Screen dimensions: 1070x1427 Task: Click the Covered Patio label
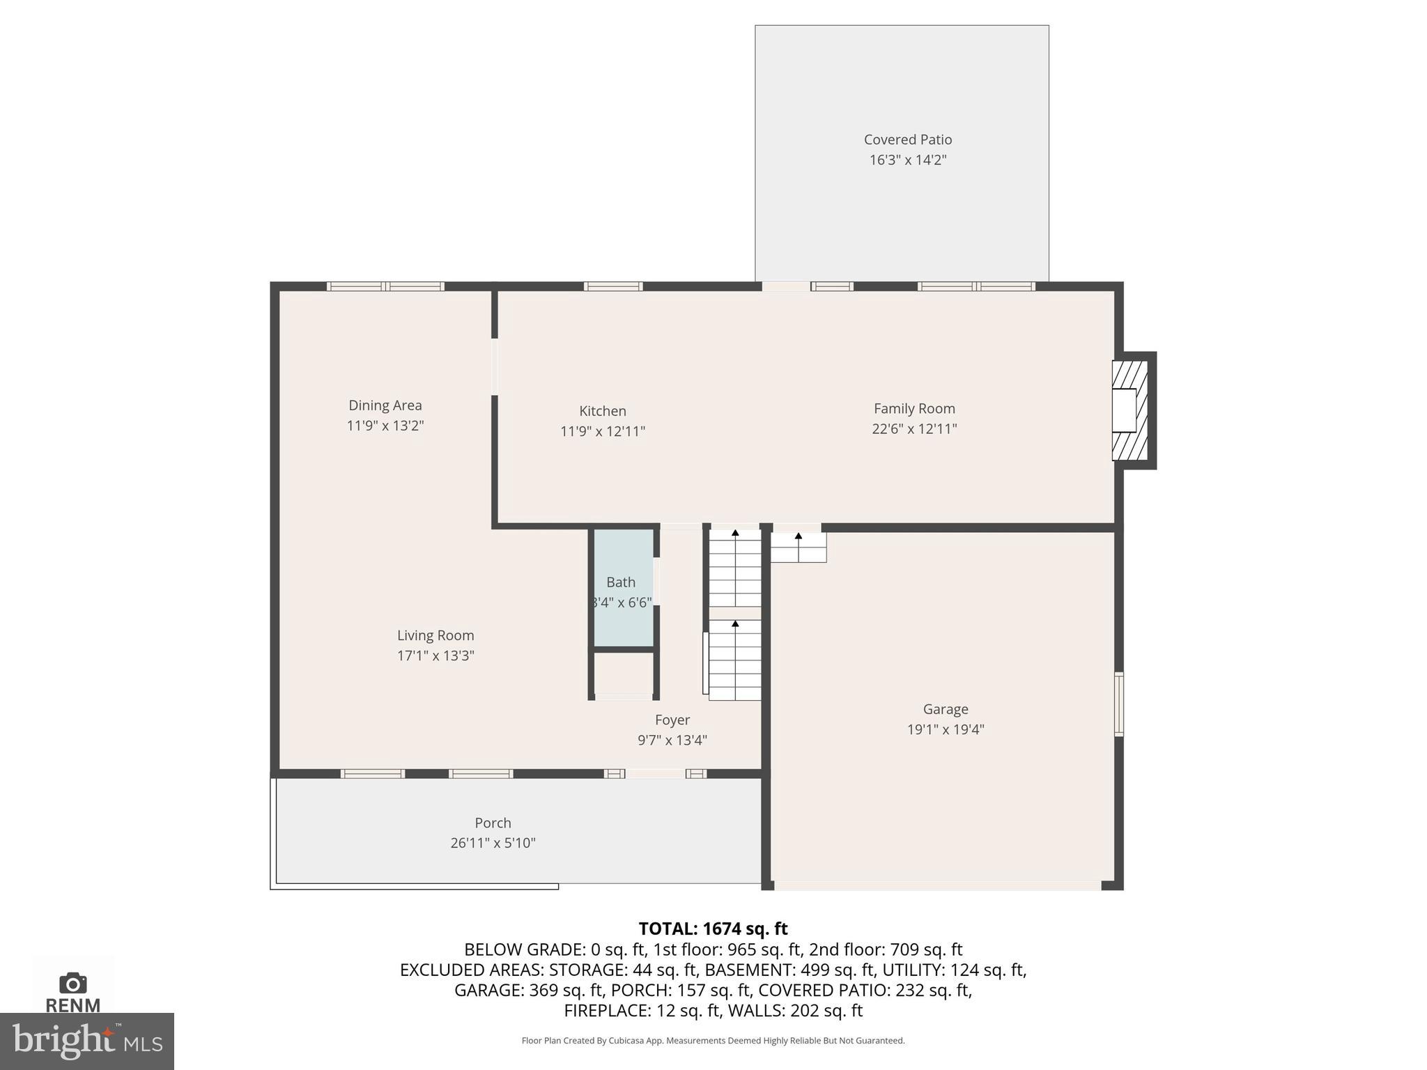pyautogui.click(x=907, y=140)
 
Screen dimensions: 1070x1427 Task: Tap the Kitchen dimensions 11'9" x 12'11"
pyautogui.click(x=602, y=431)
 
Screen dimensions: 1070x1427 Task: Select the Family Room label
pyautogui.click(x=913, y=409)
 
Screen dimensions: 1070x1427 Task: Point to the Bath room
pyautogui.click(x=622, y=589)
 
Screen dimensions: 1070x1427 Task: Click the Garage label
pyautogui.click(x=945, y=709)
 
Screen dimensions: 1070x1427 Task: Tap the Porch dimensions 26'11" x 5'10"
pyautogui.click(x=492, y=843)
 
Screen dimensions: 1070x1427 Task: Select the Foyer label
pyautogui.click(x=672, y=720)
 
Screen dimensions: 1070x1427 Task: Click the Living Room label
pyautogui.click(x=435, y=635)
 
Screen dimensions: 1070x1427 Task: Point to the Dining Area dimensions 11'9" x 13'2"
pyautogui.click(x=385, y=426)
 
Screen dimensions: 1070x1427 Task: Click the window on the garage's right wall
pyautogui.click(x=1118, y=704)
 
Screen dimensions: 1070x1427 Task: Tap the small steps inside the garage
pyautogui.click(x=798, y=548)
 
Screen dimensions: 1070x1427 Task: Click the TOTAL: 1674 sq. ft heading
pyautogui.click(x=712, y=929)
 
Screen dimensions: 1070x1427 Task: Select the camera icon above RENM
pyautogui.click(x=72, y=983)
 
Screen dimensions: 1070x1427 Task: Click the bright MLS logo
pyautogui.click(x=86, y=1041)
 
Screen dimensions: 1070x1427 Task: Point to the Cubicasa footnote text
pyautogui.click(x=712, y=1041)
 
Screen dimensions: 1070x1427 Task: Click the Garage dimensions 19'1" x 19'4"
pyautogui.click(x=945, y=729)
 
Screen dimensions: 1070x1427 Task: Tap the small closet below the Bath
pyautogui.click(x=623, y=674)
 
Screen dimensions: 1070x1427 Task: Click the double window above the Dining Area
pyautogui.click(x=385, y=286)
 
